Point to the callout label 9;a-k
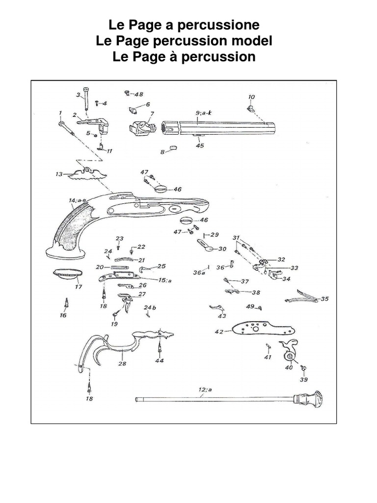(x=203, y=113)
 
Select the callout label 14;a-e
(x=77, y=200)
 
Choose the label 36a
(x=199, y=273)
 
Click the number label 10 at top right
(x=251, y=97)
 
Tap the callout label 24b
(x=149, y=307)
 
